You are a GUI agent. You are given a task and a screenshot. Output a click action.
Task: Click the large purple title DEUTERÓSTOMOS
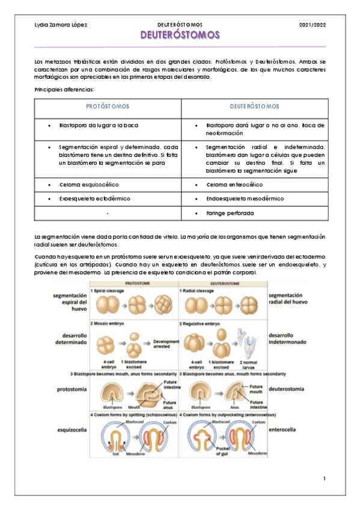pos(180,35)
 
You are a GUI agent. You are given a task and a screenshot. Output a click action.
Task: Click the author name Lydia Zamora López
pos(61,24)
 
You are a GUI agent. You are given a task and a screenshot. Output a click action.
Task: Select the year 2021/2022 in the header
pos(311,24)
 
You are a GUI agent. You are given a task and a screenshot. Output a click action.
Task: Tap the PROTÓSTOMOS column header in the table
pos(108,106)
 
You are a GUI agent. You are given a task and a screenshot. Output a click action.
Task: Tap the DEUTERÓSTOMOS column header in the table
pos(254,106)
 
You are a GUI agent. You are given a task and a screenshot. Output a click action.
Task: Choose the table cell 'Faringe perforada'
pos(230,213)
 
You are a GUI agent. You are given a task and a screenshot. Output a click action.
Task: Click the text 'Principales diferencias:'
pos(64,90)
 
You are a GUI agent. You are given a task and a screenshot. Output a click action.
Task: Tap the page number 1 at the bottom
pos(323,478)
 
